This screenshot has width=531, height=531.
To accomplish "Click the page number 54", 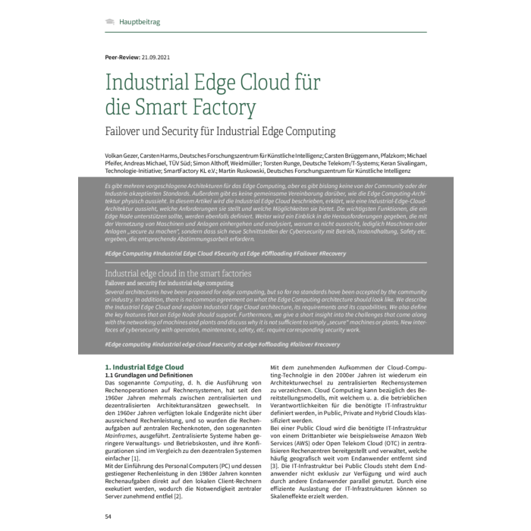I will pyautogui.click(x=108, y=515).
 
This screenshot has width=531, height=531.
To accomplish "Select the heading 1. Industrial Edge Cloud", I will pyautogui.click(x=143, y=367).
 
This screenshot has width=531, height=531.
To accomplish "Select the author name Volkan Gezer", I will pyautogui.click(x=126, y=154).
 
